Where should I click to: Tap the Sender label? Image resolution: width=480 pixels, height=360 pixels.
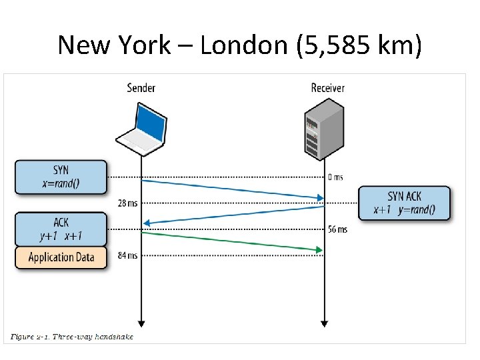[x=141, y=87]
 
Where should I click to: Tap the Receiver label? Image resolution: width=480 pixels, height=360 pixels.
[x=328, y=87]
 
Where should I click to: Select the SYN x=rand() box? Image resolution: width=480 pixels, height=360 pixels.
[x=61, y=177]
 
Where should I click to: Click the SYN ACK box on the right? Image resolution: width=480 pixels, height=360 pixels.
[x=404, y=203]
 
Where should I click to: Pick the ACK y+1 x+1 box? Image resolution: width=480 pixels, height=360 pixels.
[x=61, y=229]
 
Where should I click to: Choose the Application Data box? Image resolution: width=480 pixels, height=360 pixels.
[x=61, y=257]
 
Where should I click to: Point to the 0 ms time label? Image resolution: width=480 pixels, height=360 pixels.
[x=335, y=177]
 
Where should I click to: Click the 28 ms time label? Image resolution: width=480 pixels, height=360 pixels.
[x=128, y=203]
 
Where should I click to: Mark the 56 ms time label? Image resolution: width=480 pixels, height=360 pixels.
[x=337, y=229]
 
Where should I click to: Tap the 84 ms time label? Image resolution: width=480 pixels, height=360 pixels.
[x=128, y=255]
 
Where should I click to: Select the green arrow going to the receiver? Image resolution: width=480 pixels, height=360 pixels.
[x=233, y=241]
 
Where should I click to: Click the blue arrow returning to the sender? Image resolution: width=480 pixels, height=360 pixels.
[x=233, y=215]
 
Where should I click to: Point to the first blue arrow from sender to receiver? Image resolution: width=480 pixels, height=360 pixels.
[x=233, y=189]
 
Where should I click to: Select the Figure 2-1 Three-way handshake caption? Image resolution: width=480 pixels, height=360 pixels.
[x=72, y=337]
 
